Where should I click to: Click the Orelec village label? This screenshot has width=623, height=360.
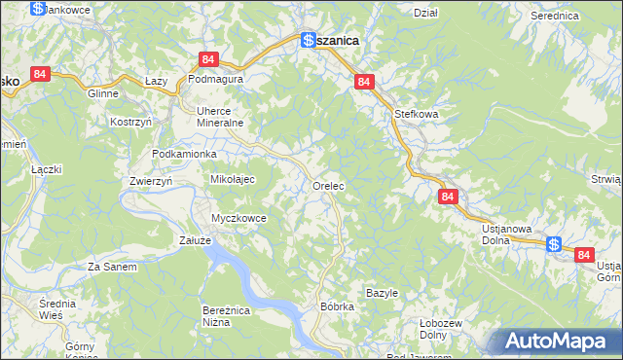(330, 185)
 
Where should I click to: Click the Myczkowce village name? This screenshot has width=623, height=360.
(239, 218)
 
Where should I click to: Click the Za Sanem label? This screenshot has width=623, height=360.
(112, 267)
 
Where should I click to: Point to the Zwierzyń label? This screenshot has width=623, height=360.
(151, 182)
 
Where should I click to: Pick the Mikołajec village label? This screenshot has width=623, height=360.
(233, 180)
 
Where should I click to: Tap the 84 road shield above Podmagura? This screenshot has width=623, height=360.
(208, 59)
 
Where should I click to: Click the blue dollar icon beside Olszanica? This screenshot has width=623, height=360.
(308, 41)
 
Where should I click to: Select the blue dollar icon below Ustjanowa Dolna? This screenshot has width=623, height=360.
(554, 245)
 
